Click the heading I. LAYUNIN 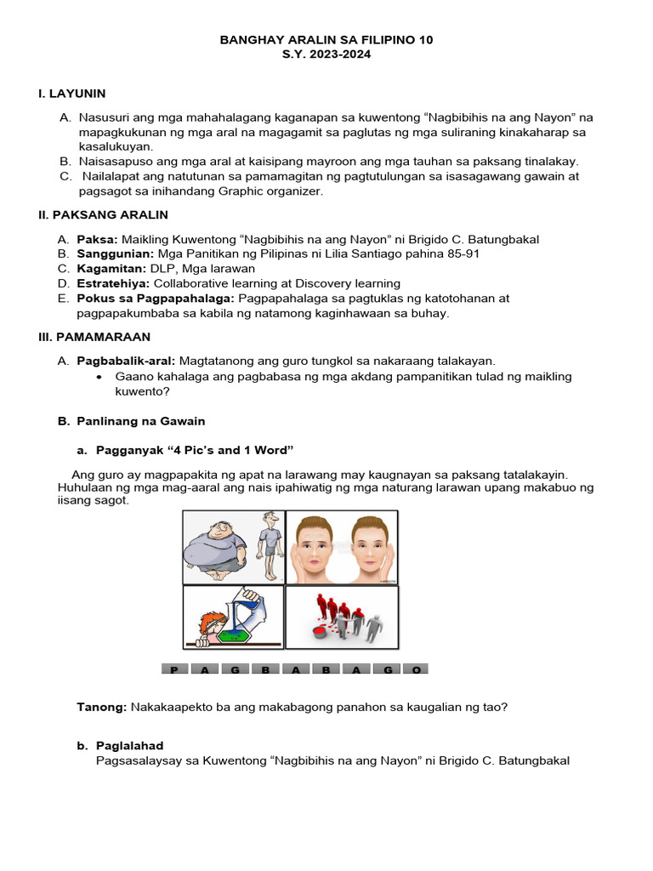pyautogui.click(x=71, y=94)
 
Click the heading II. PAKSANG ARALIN pyautogui.click(x=103, y=215)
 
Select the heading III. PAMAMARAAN pyautogui.click(x=94, y=337)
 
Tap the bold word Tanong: pyautogui.click(x=102, y=707)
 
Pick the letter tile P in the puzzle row pyautogui.click(x=174, y=669)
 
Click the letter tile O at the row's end pyautogui.click(x=416, y=669)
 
